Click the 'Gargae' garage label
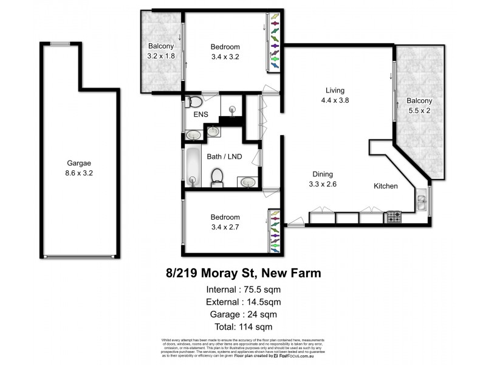coord(78,163)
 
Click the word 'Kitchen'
coord(385,186)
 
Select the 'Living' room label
coord(335,91)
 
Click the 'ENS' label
coord(200,115)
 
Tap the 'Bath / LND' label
coord(224,157)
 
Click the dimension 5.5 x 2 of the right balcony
coord(419,111)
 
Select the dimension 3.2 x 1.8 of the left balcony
coord(161,56)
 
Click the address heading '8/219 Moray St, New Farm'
coord(243,273)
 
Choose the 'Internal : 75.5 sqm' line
coord(243,289)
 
